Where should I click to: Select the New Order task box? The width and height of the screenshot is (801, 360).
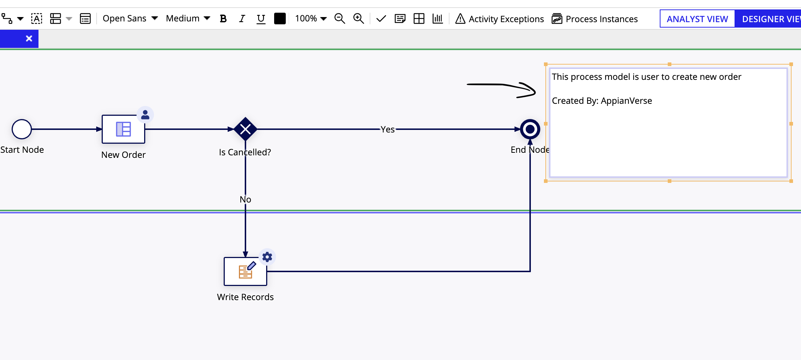(123, 129)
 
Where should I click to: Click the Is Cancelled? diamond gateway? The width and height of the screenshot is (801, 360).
(245, 129)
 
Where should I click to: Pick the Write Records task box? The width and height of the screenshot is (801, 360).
(245, 271)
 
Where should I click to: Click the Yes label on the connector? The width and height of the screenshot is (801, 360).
(387, 130)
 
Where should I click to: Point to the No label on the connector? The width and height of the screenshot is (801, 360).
(245, 199)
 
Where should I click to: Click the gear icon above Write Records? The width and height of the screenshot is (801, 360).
(267, 257)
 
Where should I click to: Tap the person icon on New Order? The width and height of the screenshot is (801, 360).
(145, 115)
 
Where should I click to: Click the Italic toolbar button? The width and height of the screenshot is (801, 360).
(242, 19)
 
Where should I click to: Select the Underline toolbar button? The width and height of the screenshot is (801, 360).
(261, 19)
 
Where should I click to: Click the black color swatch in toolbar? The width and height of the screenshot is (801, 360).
(280, 19)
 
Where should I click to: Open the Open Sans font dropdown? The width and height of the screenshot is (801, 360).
(130, 19)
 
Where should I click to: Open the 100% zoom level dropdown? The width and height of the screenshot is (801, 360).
(311, 19)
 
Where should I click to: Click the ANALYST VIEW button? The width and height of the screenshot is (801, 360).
(697, 19)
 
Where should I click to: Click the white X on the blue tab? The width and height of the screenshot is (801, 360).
(29, 38)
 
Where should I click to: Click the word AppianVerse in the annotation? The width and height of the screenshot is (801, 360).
(626, 101)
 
